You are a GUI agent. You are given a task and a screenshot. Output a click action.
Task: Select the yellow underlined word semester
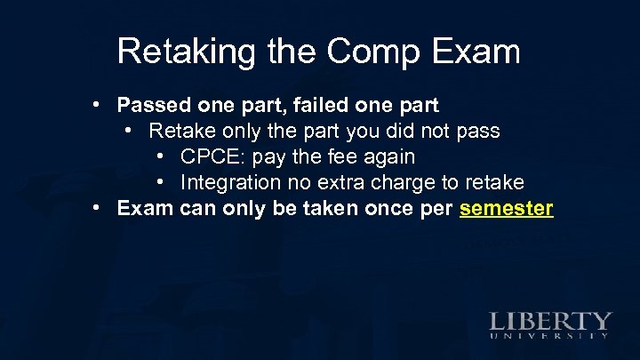click(507, 210)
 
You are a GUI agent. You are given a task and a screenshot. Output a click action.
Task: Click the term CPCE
click(210, 157)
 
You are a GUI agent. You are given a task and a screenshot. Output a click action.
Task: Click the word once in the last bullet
click(389, 210)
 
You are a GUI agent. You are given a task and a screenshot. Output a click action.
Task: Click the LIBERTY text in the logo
click(550, 321)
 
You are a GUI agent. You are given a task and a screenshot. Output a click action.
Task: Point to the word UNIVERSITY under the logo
click(550, 337)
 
